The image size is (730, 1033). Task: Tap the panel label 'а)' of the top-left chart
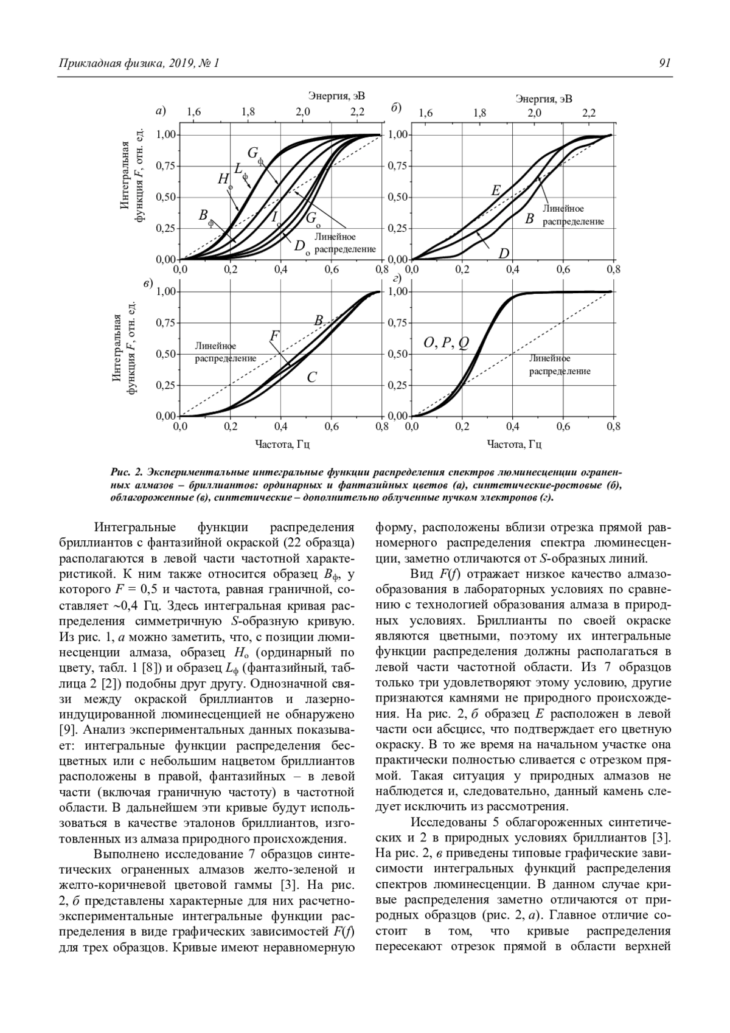click(x=161, y=111)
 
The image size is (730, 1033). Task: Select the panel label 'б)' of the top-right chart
click(x=395, y=108)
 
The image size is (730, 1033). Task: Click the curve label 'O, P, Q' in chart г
click(x=446, y=344)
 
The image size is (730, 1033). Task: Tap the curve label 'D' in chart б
click(x=504, y=252)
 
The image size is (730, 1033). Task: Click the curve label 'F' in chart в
click(x=274, y=336)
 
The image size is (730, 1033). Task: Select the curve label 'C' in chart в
click(x=311, y=378)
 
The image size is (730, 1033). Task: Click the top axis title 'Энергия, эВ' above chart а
click(x=336, y=96)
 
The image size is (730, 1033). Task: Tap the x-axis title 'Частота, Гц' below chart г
click(x=514, y=444)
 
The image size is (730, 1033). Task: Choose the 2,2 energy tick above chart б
click(x=588, y=113)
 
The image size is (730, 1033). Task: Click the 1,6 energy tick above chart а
click(x=193, y=112)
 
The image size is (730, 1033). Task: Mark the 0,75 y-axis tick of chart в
click(x=165, y=323)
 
